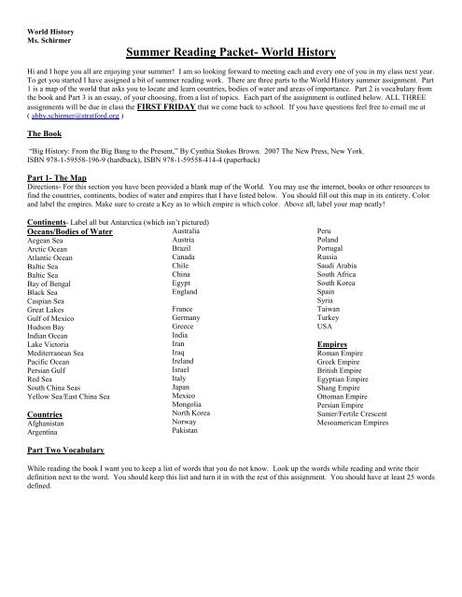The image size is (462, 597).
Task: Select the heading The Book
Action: click(45, 133)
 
